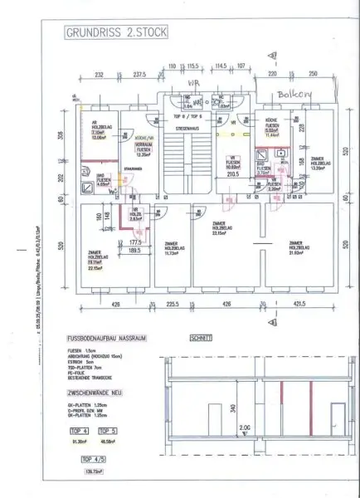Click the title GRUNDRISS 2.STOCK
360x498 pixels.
[108, 35]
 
